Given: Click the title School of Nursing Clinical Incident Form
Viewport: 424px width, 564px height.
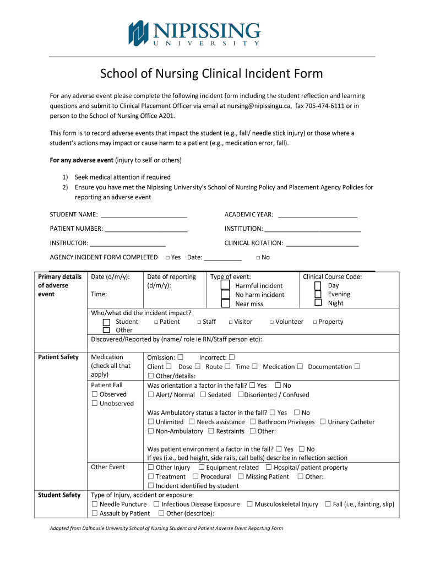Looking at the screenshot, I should (211, 74).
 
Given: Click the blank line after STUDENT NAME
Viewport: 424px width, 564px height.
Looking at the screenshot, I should (144, 214).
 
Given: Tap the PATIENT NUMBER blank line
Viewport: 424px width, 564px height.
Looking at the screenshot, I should (146, 229).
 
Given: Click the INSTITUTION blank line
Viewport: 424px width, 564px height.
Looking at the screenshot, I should (313, 229).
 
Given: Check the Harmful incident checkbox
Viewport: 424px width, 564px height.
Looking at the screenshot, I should (226, 285).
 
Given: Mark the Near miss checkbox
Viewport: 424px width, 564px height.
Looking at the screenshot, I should (226, 303).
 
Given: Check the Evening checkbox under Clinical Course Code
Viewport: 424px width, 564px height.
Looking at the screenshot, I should (318, 294).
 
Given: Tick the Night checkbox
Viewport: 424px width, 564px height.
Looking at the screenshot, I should (318, 302).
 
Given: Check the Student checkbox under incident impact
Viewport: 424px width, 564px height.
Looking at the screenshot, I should (106, 322).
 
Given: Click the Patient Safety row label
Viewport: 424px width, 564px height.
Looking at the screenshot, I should (58, 357).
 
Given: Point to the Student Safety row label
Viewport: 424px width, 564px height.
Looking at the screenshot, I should (59, 495).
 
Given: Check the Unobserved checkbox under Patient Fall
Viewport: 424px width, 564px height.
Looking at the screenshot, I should (95, 403).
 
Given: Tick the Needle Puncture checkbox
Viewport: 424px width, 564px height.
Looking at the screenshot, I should (95, 504).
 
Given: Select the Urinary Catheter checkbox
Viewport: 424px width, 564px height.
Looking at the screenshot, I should (323, 422).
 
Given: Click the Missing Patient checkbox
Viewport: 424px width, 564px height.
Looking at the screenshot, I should (241, 476).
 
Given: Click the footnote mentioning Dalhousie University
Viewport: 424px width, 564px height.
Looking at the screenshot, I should (166, 528).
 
